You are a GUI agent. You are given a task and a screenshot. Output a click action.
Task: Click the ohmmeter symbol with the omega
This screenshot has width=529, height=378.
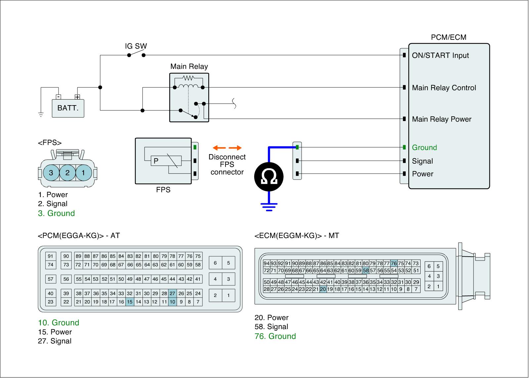coord(269,177)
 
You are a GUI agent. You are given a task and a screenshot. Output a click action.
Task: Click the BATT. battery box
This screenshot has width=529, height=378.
coord(68,108)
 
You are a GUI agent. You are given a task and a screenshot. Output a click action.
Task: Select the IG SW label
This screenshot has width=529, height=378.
coord(136,46)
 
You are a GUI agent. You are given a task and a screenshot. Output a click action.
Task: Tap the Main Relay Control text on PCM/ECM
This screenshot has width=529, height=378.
coord(444,88)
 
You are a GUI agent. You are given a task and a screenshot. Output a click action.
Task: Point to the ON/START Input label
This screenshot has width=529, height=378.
coord(440,56)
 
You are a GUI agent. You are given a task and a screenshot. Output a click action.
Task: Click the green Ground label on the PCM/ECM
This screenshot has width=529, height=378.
coord(424,147)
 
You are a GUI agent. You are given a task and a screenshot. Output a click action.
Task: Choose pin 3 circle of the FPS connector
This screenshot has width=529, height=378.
coord(51,173)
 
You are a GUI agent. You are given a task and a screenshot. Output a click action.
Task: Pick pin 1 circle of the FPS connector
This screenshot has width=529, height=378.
coord(83,173)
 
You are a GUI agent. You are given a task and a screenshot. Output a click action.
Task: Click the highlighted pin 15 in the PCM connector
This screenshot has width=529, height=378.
coord(130,302)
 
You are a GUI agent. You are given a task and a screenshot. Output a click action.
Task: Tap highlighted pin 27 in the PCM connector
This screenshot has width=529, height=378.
coord(172,293)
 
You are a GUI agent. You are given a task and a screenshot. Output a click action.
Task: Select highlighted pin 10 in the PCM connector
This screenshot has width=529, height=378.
coord(172,302)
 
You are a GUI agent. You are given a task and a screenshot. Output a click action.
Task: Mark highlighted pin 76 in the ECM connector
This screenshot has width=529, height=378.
coord(394,264)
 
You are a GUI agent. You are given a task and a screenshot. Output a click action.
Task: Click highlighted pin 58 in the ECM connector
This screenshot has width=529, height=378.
coord(365,271)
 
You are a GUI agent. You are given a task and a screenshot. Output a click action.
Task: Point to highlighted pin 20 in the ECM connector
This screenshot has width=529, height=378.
coord(323,289)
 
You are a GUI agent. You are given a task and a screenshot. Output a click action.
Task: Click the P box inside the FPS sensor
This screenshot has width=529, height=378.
coord(156,161)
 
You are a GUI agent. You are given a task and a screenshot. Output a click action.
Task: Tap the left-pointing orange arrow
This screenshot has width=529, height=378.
coord(218,147)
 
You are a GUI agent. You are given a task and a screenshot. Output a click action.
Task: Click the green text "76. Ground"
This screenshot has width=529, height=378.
coord(275,336)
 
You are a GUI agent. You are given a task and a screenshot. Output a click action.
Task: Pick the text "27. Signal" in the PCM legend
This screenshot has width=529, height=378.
coord(55,341)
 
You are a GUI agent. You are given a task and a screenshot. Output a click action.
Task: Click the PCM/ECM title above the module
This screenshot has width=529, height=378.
coord(448,37)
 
